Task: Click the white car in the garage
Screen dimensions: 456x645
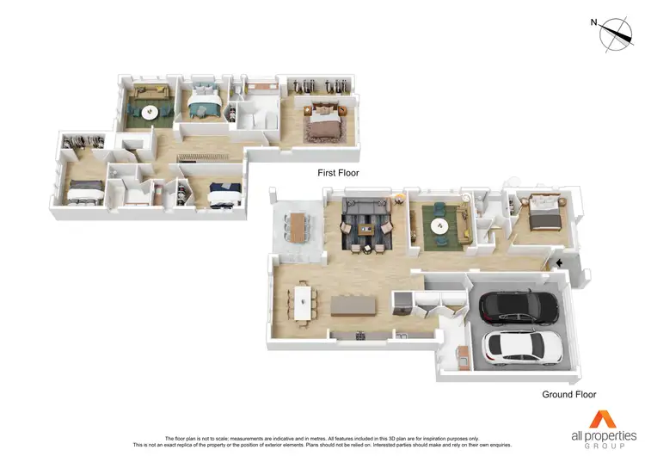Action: point(524,346)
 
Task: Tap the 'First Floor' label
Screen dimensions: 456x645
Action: point(338,173)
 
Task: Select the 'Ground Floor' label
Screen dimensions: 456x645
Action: point(568,395)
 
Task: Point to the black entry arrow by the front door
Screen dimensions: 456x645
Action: point(560,262)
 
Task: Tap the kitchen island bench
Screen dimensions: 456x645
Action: point(355,305)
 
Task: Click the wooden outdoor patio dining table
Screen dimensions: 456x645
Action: point(298,227)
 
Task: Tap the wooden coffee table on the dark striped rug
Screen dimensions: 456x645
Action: point(368,229)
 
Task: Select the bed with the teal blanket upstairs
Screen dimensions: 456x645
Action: point(203,105)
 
